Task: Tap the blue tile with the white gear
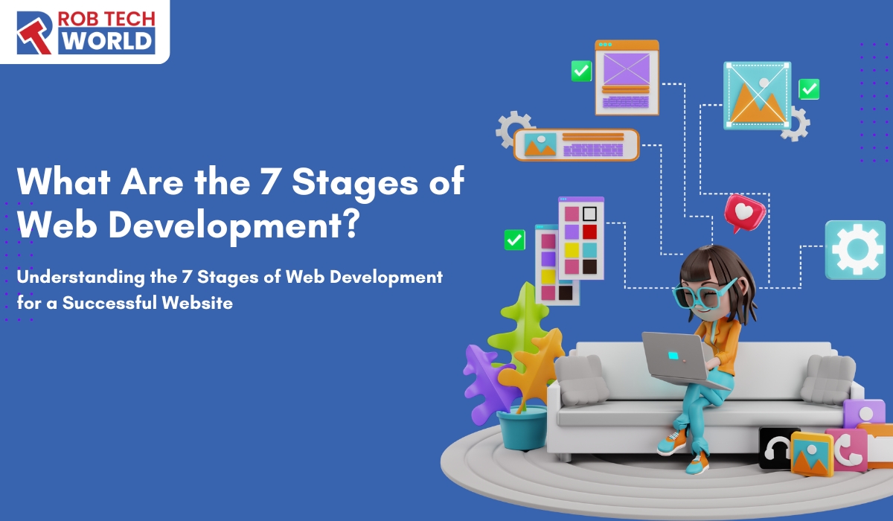click(854, 249)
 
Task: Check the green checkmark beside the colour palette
click(514, 240)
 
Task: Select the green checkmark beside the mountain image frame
click(808, 89)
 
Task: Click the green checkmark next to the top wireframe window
click(580, 71)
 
